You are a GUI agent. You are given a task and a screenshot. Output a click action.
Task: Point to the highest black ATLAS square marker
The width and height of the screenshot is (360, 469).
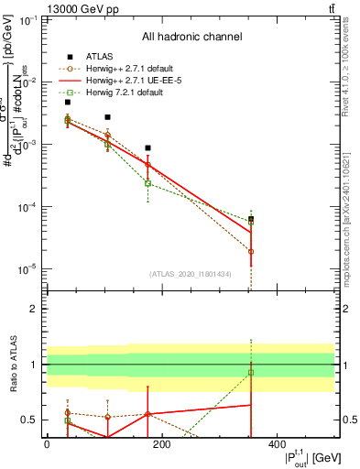pyautogui.click(x=68, y=103)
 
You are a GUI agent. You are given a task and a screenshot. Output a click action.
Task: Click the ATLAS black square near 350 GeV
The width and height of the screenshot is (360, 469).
pyautogui.click(x=251, y=219)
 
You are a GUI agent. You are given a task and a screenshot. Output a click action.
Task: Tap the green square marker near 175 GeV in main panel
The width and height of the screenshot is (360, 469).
pyautogui.click(x=147, y=183)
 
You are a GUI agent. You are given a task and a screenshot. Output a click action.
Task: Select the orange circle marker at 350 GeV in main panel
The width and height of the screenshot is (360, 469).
pyautogui.click(x=251, y=251)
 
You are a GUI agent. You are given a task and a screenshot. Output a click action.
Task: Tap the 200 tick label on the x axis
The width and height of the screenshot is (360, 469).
pyautogui.click(x=162, y=444)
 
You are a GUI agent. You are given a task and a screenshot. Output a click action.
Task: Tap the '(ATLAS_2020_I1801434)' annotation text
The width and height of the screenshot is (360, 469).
pyautogui.click(x=191, y=274)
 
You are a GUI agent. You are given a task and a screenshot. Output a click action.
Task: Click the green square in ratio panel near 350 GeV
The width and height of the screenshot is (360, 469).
pyautogui.click(x=251, y=372)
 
